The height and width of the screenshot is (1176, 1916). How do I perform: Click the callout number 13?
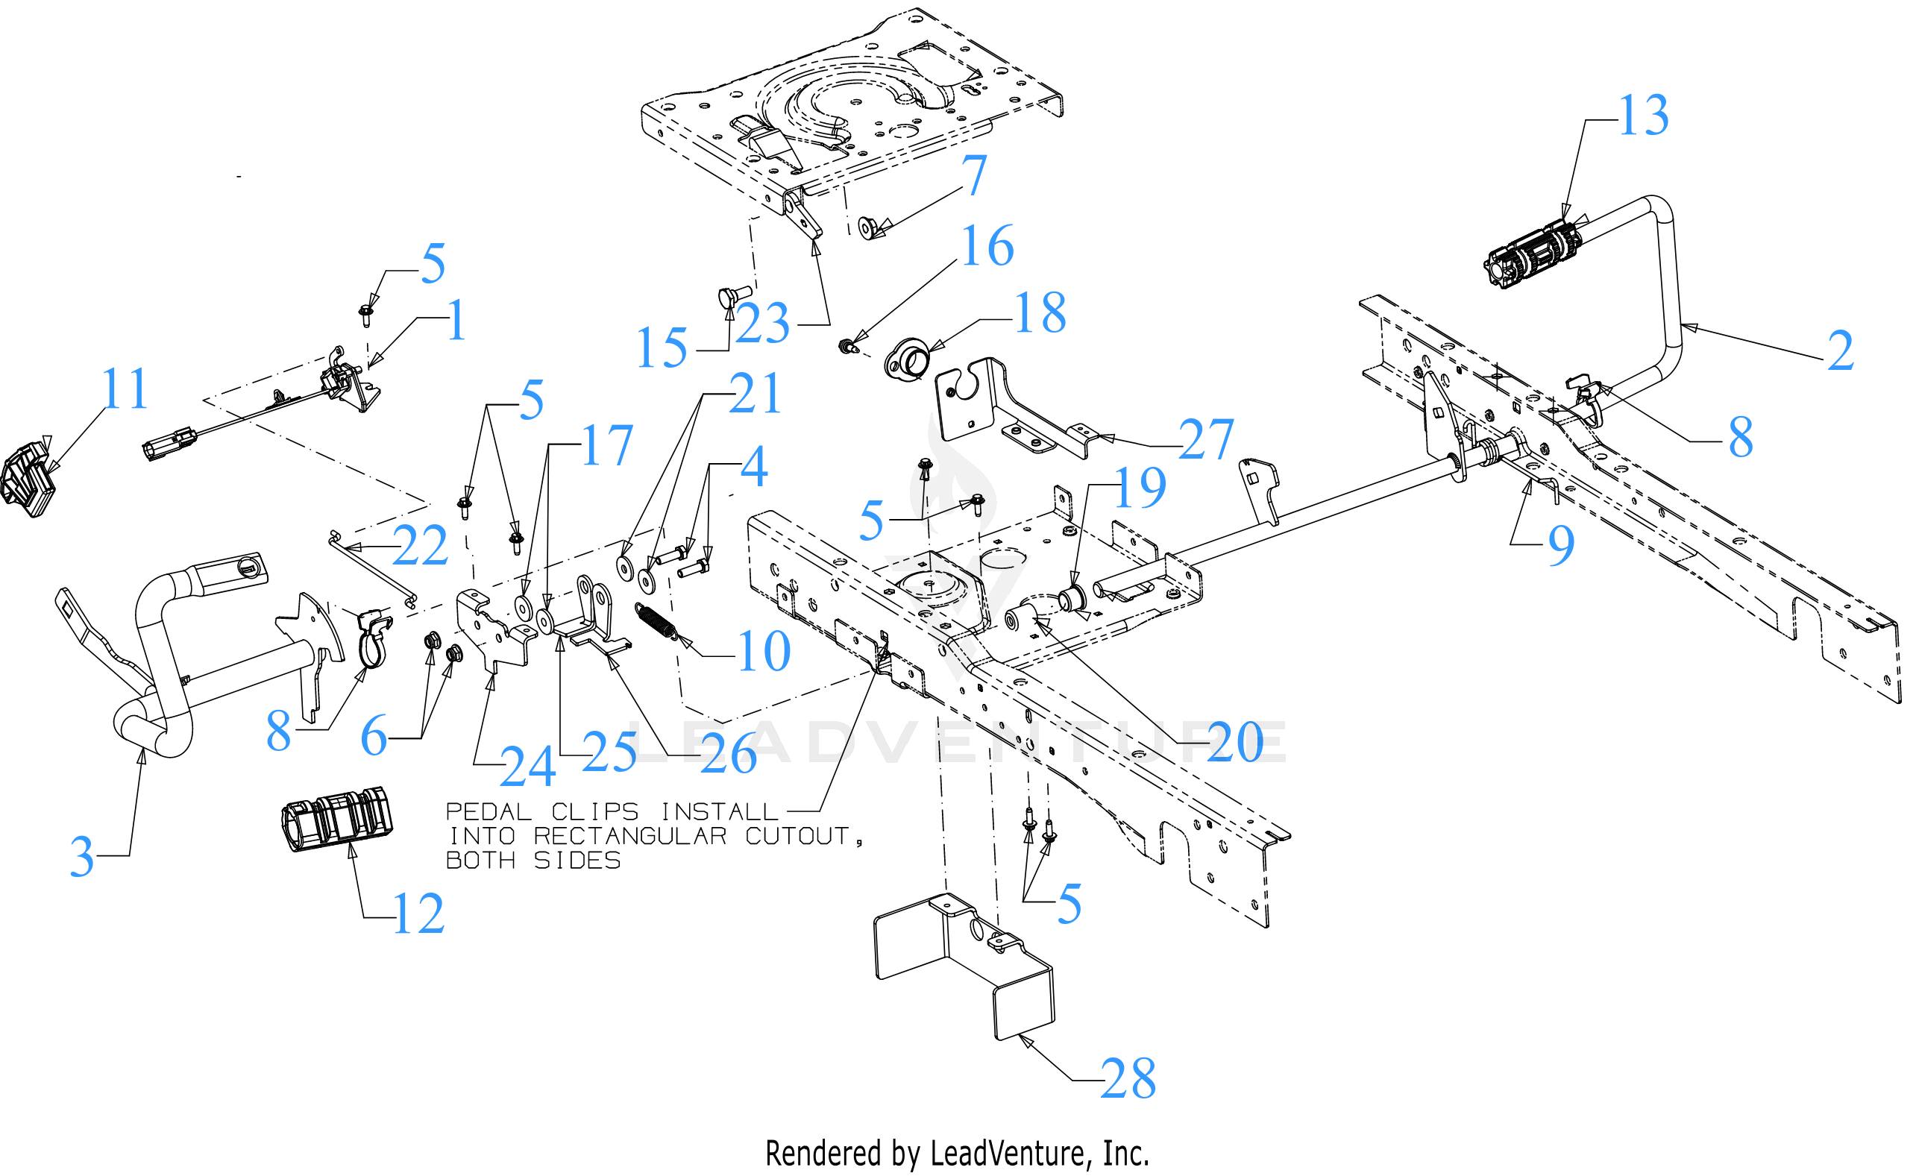tap(1643, 115)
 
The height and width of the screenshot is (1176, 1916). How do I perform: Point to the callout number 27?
tap(1206, 439)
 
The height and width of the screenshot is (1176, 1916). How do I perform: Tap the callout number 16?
tap(987, 247)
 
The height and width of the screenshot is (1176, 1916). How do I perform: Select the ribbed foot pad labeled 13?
tap(1531, 255)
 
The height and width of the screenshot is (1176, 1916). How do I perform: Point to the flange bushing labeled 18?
tap(907, 359)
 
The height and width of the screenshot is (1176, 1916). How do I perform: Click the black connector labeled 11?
tap(28, 478)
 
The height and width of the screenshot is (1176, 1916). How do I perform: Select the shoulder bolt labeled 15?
tap(732, 297)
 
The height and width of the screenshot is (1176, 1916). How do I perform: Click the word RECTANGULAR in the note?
tap(630, 836)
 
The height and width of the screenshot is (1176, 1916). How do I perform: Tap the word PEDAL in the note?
tap(488, 812)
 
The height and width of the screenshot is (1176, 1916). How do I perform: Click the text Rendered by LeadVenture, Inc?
tap(957, 1154)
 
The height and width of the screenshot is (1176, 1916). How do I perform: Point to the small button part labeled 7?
tap(868, 229)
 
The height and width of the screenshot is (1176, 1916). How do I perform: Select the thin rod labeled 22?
tap(372, 567)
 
